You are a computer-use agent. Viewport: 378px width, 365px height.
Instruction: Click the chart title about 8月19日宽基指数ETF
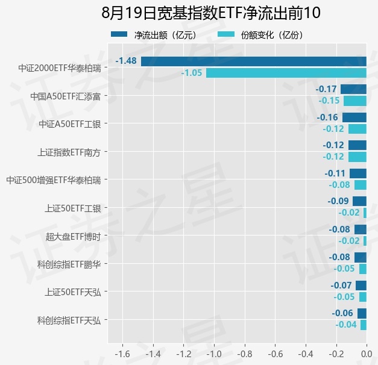pyautogui.click(x=211, y=13)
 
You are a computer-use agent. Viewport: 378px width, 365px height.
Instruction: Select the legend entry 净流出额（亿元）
pyautogui.click(x=154, y=35)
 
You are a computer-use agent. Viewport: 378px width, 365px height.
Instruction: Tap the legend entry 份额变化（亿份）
pyautogui.click(x=260, y=35)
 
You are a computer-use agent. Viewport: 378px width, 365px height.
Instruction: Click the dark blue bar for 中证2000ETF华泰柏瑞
pyautogui.click(x=254, y=61)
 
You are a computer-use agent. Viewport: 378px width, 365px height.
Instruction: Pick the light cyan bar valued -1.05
pyautogui.click(x=286, y=73)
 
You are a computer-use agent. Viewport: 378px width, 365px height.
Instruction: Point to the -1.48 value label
pyautogui.click(x=126, y=61)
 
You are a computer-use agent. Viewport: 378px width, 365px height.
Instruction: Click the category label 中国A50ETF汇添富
pyautogui.click(x=65, y=96)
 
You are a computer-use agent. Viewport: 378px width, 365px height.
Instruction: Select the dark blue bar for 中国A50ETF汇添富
pyautogui.click(x=353, y=89)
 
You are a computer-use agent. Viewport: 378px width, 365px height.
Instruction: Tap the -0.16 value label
pyautogui.click(x=327, y=117)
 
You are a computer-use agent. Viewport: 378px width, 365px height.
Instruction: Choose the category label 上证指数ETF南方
pyautogui.click(x=69, y=152)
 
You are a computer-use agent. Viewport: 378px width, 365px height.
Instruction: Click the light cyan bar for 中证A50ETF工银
pyautogui.click(x=358, y=129)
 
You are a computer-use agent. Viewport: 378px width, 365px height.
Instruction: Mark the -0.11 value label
pyautogui.click(x=335, y=173)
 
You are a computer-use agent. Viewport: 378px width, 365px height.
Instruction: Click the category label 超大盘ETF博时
pyautogui.click(x=73, y=237)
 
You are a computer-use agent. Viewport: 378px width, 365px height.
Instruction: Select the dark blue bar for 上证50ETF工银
pyautogui.click(x=359, y=201)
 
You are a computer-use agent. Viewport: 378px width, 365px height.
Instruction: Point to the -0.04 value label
pyautogui.click(x=346, y=325)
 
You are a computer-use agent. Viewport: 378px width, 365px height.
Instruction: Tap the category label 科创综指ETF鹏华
pyautogui.click(x=69, y=264)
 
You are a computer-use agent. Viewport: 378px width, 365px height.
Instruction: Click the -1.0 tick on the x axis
pyautogui.click(x=214, y=354)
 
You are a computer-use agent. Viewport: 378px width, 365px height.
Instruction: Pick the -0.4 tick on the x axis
pyautogui.click(x=306, y=354)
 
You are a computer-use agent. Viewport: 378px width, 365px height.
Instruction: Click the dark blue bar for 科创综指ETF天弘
pyautogui.click(x=362, y=313)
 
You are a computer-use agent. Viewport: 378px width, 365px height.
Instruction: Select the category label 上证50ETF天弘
pyautogui.click(x=73, y=292)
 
